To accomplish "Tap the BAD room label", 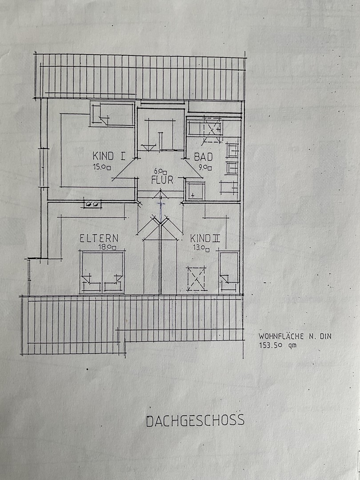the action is click(203, 157).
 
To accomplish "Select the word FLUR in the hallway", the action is click(162, 180).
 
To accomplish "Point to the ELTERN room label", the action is click(99, 238).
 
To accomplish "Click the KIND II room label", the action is click(205, 238).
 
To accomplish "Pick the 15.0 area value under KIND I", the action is click(102, 168).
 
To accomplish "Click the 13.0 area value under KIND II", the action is click(201, 248).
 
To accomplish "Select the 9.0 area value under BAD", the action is click(205, 168).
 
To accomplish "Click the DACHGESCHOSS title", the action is click(195, 420).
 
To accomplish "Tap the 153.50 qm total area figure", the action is click(278, 345).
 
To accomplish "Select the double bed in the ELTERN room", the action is click(102, 272).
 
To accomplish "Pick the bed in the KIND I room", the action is click(112, 114).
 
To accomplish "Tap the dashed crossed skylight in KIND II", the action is click(196, 279).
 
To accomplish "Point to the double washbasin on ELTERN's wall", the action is click(92, 204).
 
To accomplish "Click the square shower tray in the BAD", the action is click(195, 191).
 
